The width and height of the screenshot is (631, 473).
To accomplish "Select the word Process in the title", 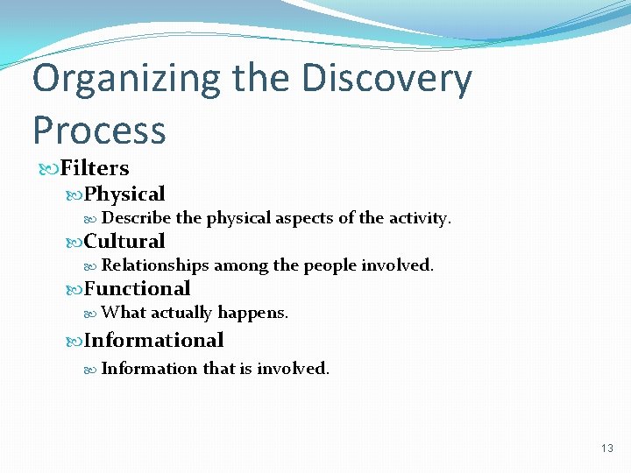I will click(98, 130).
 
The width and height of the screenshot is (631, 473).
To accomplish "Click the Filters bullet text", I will click(94, 168).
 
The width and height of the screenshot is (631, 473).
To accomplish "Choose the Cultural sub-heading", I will click(124, 241).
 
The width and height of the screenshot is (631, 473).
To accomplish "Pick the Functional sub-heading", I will click(137, 288).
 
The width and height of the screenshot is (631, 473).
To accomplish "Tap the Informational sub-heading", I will click(153, 340).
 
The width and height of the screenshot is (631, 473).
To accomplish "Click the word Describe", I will click(136, 218).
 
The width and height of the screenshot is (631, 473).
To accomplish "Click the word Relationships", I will click(155, 265).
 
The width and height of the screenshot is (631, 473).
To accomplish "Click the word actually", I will click(181, 312).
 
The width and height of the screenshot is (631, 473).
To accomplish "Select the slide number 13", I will click(607, 448).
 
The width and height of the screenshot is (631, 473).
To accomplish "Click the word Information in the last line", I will click(150, 368).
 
